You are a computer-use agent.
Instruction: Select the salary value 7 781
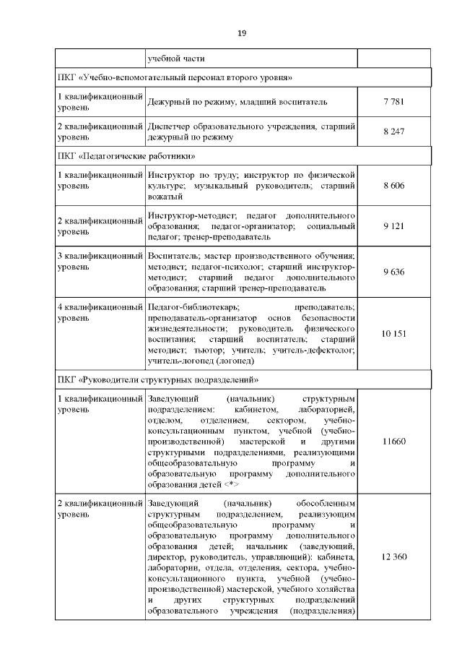(394, 103)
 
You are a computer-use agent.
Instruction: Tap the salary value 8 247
(394, 132)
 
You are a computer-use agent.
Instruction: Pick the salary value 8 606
(394, 186)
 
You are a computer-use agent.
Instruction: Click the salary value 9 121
(394, 226)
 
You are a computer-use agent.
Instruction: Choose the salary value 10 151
(394, 333)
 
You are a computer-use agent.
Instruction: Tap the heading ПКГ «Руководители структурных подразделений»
(157, 379)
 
